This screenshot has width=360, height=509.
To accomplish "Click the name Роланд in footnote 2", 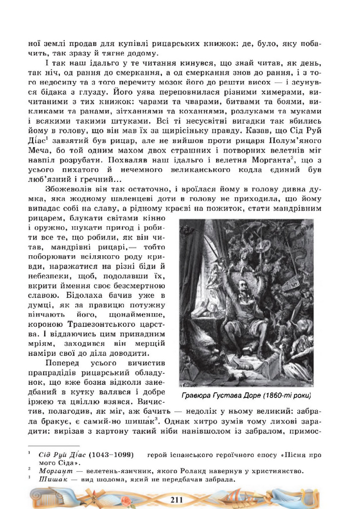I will pos(207,471).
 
